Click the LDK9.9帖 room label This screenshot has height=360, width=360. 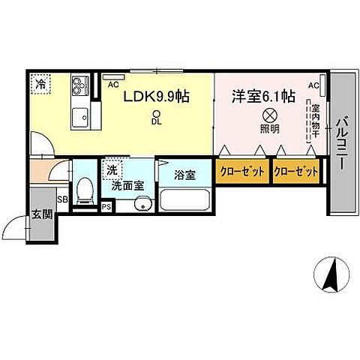coord(156,97)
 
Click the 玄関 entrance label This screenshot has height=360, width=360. coord(42,214)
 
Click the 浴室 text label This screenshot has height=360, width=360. coord(184,175)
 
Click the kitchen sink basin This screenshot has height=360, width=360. coord(79,116)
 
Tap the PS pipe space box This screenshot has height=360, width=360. coord(106,207)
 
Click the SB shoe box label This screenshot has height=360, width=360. coord(63,199)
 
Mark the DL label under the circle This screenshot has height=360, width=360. coord(156,120)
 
